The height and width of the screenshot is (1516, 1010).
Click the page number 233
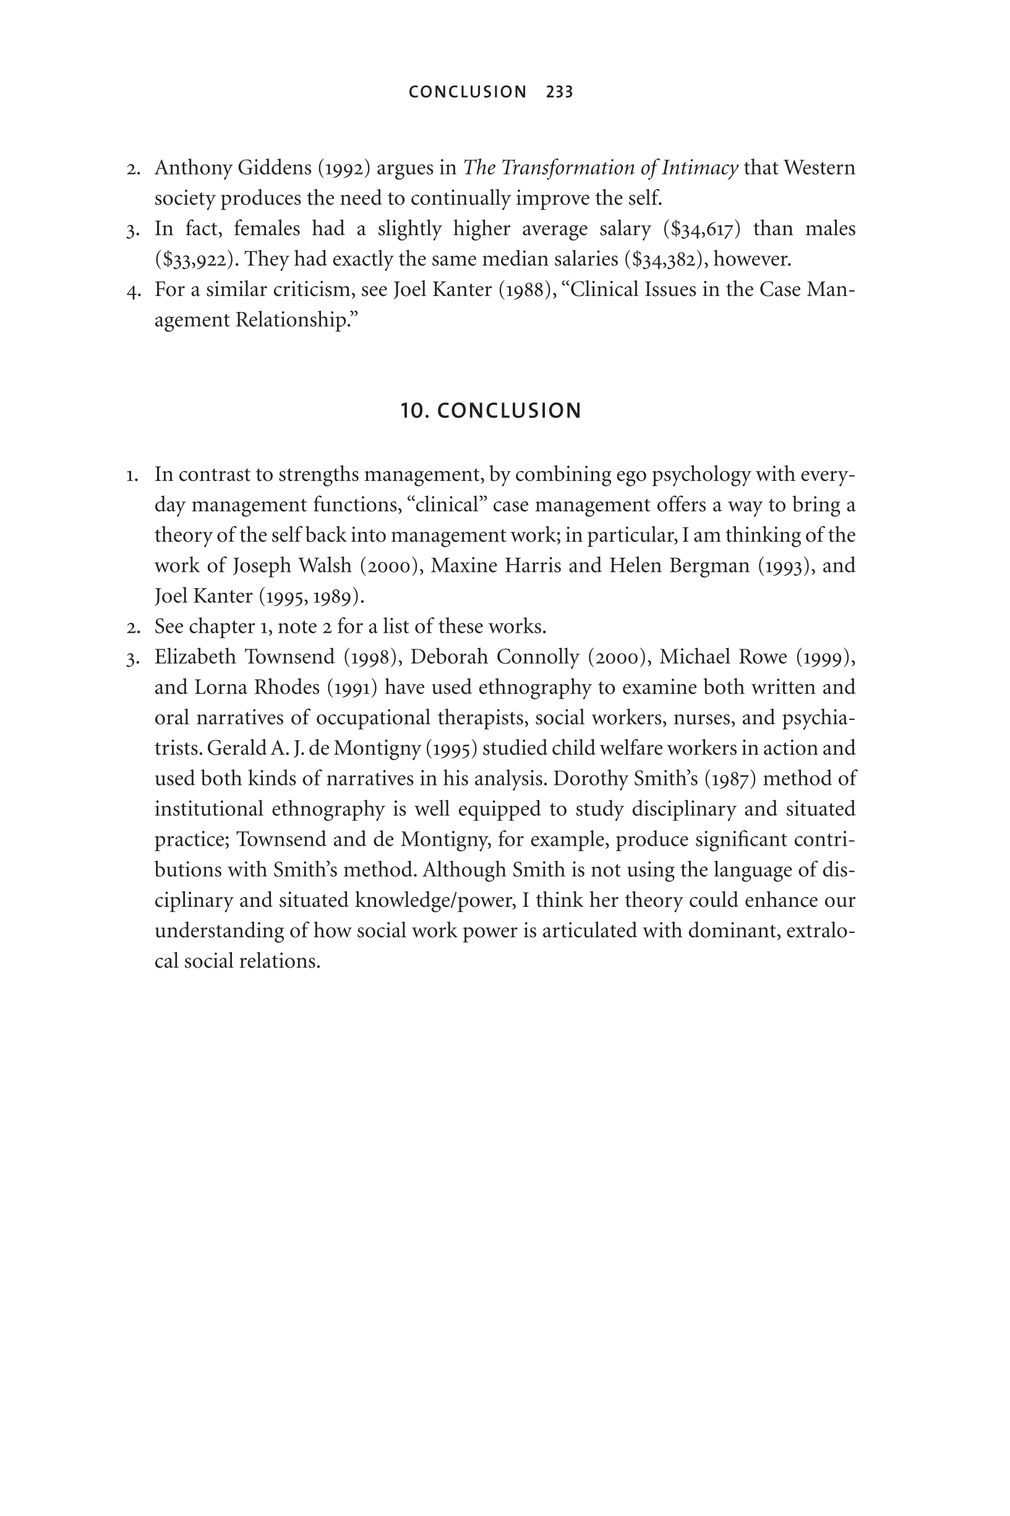pyautogui.click(x=559, y=92)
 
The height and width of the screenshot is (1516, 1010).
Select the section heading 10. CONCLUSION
pyautogui.click(x=491, y=410)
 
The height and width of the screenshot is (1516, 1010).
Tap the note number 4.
pyautogui.click(x=134, y=291)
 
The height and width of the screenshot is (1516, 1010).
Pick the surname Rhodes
pyautogui.click(x=286, y=687)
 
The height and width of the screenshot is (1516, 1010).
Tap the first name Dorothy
pyautogui.click(x=591, y=779)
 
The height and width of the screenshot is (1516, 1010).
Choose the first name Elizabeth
pyautogui.click(x=195, y=657)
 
